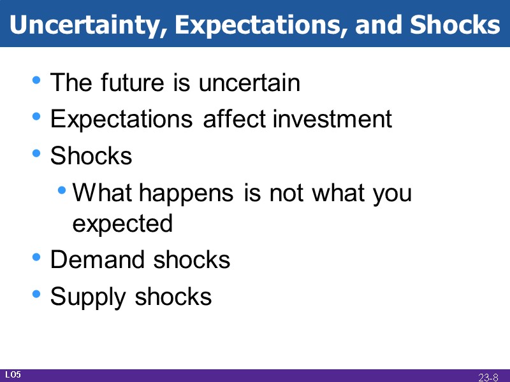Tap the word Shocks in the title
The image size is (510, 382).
coord(455,24)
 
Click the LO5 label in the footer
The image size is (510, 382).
coord(13,374)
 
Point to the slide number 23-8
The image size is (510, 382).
coord(488,377)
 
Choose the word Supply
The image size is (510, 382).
coord(89,297)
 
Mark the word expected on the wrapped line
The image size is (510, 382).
coord(122,223)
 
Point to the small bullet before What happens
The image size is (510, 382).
coord(62,191)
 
